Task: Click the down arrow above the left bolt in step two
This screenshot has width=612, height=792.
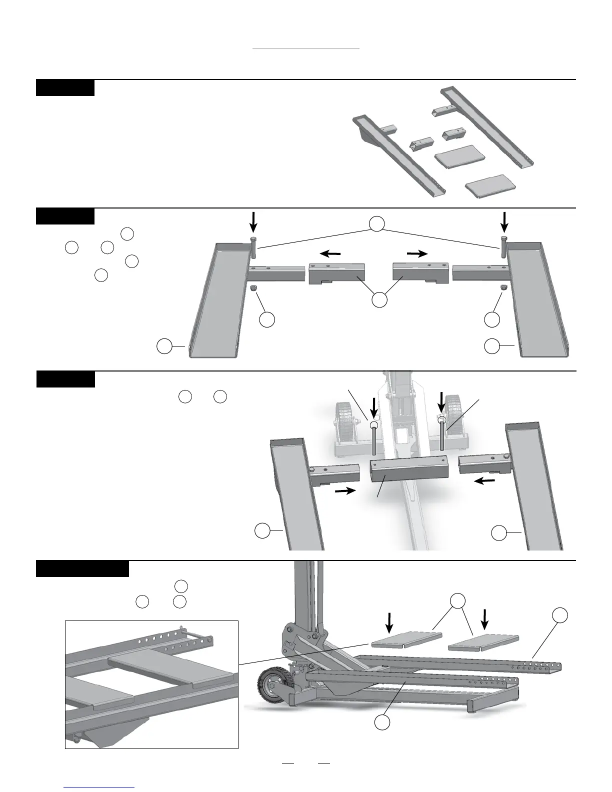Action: (254, 219)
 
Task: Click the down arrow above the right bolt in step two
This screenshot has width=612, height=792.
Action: (504, 219)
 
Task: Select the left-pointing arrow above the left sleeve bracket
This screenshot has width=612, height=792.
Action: (330, 253)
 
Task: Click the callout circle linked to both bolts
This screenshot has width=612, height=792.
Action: (378, 224)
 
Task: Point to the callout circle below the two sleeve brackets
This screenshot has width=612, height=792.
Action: (379, 300)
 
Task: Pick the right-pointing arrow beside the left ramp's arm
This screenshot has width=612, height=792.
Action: (344, 491)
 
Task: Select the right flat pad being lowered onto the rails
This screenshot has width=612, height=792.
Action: (483, 643)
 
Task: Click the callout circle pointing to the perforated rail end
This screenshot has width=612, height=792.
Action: (560, 615)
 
